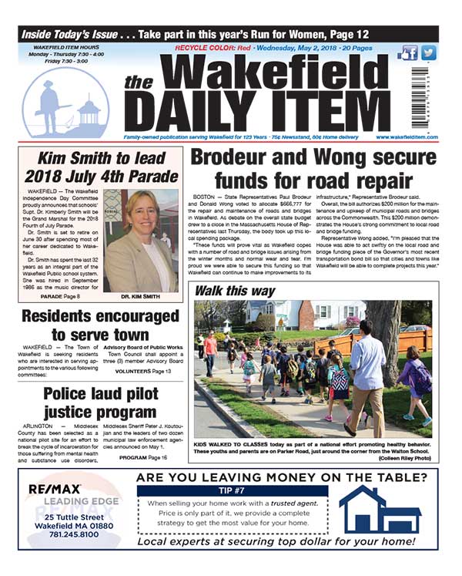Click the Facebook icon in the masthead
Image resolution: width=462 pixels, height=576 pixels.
[x=410, y=53]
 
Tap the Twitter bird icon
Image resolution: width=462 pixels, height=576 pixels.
[x=428, y=53]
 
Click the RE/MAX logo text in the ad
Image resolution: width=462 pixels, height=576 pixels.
[x=53, y=490]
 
